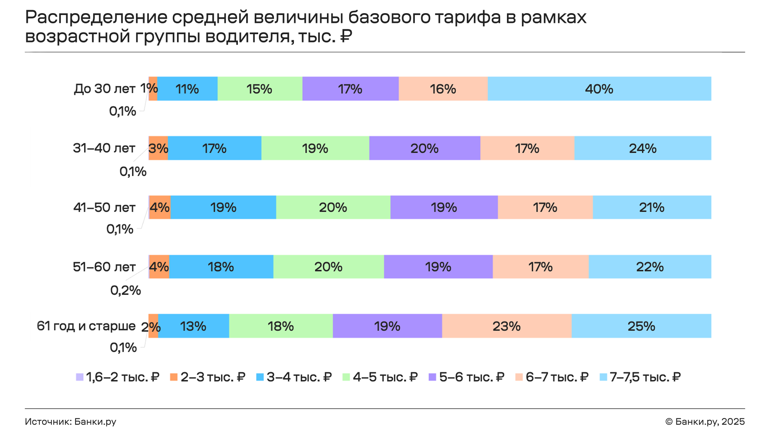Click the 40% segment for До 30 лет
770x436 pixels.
coord(599,89)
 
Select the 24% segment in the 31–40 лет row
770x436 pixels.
coord(643,148)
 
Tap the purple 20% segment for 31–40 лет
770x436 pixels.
coord(424,148)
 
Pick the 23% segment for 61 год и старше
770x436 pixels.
coord(506,326)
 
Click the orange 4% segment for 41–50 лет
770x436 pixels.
coord(160,207)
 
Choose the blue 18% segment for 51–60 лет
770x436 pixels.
coord(221,267)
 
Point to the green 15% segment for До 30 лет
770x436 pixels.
coord(259,89)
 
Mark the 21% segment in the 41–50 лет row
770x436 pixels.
coord(652,207)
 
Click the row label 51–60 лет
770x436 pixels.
coord(104,267)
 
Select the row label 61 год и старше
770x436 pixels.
coord(86,326)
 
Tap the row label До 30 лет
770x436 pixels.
coord(104,89)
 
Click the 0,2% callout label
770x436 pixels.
coord(126,290)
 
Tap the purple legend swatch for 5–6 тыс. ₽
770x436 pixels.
coord(432,377)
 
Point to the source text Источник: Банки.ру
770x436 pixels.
coord(71,422)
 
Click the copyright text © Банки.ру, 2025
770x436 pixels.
coord(705,422)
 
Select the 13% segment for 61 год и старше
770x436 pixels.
coord(193,326)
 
